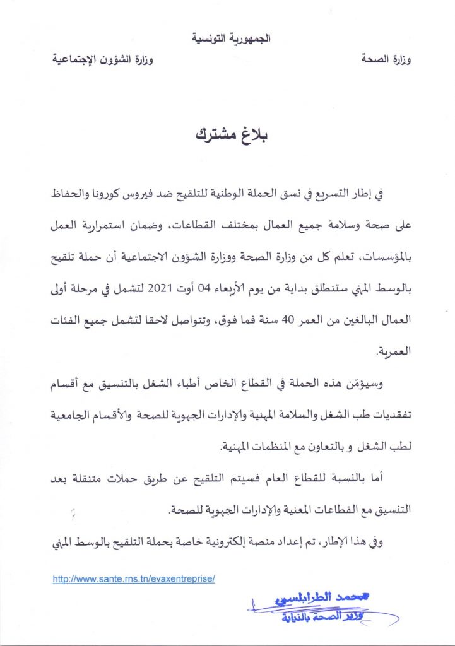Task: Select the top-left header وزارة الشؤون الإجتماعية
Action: click(103, 61)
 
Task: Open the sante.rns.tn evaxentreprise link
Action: click(134, 578)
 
